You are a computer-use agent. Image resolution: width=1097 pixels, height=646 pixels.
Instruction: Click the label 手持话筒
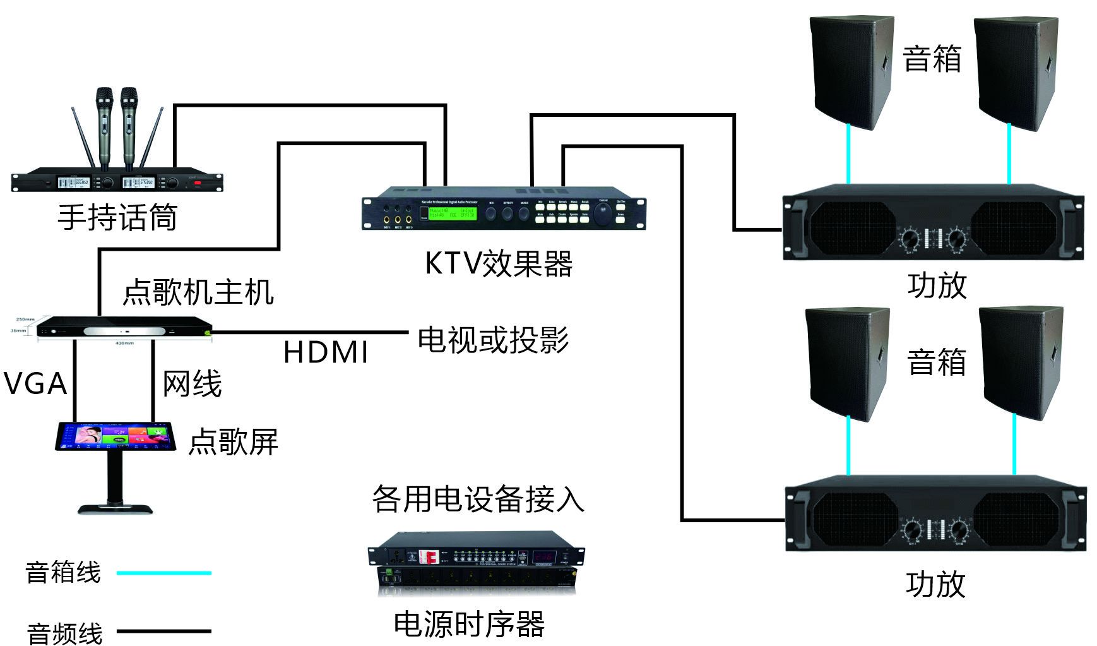point(117,217)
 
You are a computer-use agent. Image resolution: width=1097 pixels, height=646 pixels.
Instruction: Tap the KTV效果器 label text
point(499,263)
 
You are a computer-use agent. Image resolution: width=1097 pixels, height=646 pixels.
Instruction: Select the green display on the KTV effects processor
point(453,213)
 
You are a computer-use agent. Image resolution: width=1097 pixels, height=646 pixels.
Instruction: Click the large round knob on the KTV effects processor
point(603,215)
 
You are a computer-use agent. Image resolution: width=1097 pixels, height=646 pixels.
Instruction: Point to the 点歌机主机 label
point(198,292)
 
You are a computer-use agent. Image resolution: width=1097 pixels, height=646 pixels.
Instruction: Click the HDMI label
point(326,352)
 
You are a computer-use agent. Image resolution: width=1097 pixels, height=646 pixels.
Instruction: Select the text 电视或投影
point(493,340)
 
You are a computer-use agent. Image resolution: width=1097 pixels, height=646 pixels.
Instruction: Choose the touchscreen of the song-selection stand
point(116,436)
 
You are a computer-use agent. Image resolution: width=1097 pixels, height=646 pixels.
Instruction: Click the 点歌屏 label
point(234,441)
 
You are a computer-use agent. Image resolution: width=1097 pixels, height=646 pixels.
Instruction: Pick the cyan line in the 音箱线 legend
point(164,573)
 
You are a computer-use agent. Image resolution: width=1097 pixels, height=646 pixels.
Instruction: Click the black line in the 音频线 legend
point(164,631)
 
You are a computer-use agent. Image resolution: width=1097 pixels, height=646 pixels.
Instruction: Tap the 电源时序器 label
point(469,624)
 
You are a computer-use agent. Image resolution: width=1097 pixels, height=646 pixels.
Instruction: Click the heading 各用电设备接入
point(478,499)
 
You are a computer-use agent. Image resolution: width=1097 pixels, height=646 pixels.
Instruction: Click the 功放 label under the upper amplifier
point(937,285)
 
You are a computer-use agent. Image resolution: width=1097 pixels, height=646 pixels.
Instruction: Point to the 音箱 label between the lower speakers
point(937,362)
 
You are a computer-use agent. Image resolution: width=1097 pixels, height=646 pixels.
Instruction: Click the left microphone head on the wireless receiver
point(104,98)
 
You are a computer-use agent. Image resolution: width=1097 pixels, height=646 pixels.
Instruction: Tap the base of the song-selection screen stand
point(116,508)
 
